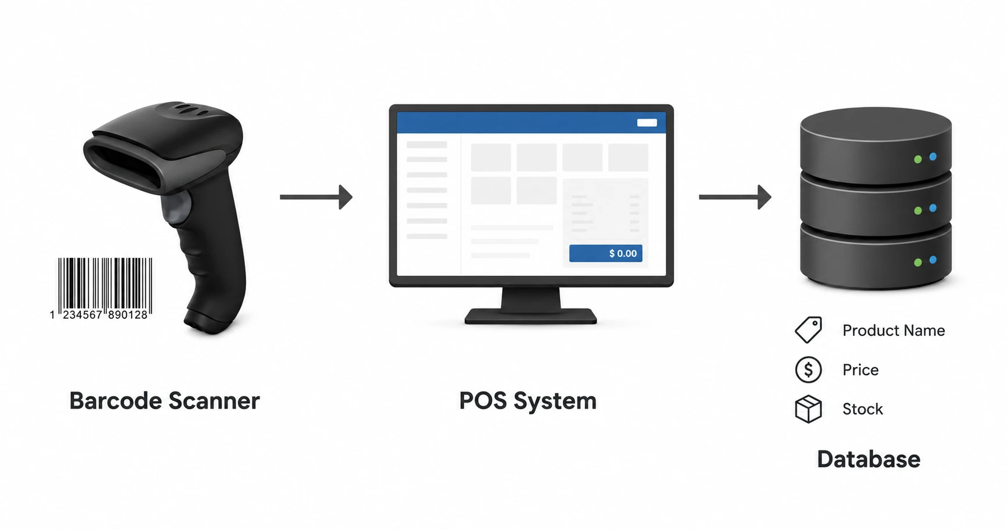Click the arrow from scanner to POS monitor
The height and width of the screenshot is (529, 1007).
[x=316, y=197]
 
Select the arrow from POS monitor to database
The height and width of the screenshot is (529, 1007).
[x=735, y=197]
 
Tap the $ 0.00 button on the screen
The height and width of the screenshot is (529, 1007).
[x=606, y=253]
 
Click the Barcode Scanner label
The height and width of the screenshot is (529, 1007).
[x=165, y=401]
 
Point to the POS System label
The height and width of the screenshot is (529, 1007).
[x=528, y=401]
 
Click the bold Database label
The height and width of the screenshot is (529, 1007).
[x=869, y=459]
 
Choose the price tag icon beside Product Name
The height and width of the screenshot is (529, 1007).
[x=809, y=330]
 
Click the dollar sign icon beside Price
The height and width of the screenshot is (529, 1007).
[x=809, y=370]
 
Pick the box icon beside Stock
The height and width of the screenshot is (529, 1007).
[x=809, y=409]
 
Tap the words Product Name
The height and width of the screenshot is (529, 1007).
[x=894, y=331]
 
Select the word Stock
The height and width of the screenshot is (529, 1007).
[x=863, y=409]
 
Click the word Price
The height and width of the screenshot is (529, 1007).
[x=860, y=370]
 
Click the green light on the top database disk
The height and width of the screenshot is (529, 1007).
[x=918, y=159]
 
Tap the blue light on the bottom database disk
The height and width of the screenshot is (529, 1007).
[x=933, y=260]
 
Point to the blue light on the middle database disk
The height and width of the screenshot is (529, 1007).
[x=933, y=208]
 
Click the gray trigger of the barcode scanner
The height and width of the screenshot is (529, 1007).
[x=177, y=207]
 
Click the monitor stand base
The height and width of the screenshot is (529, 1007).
[x=531, y=316]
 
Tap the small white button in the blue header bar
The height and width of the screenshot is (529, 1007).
[x=647, y=123]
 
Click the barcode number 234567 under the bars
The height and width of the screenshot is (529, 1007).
[x=82, y=315]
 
